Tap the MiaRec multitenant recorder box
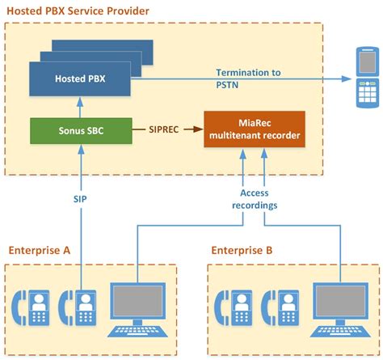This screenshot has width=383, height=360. point(255,129)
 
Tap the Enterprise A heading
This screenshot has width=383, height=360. point(40,251)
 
